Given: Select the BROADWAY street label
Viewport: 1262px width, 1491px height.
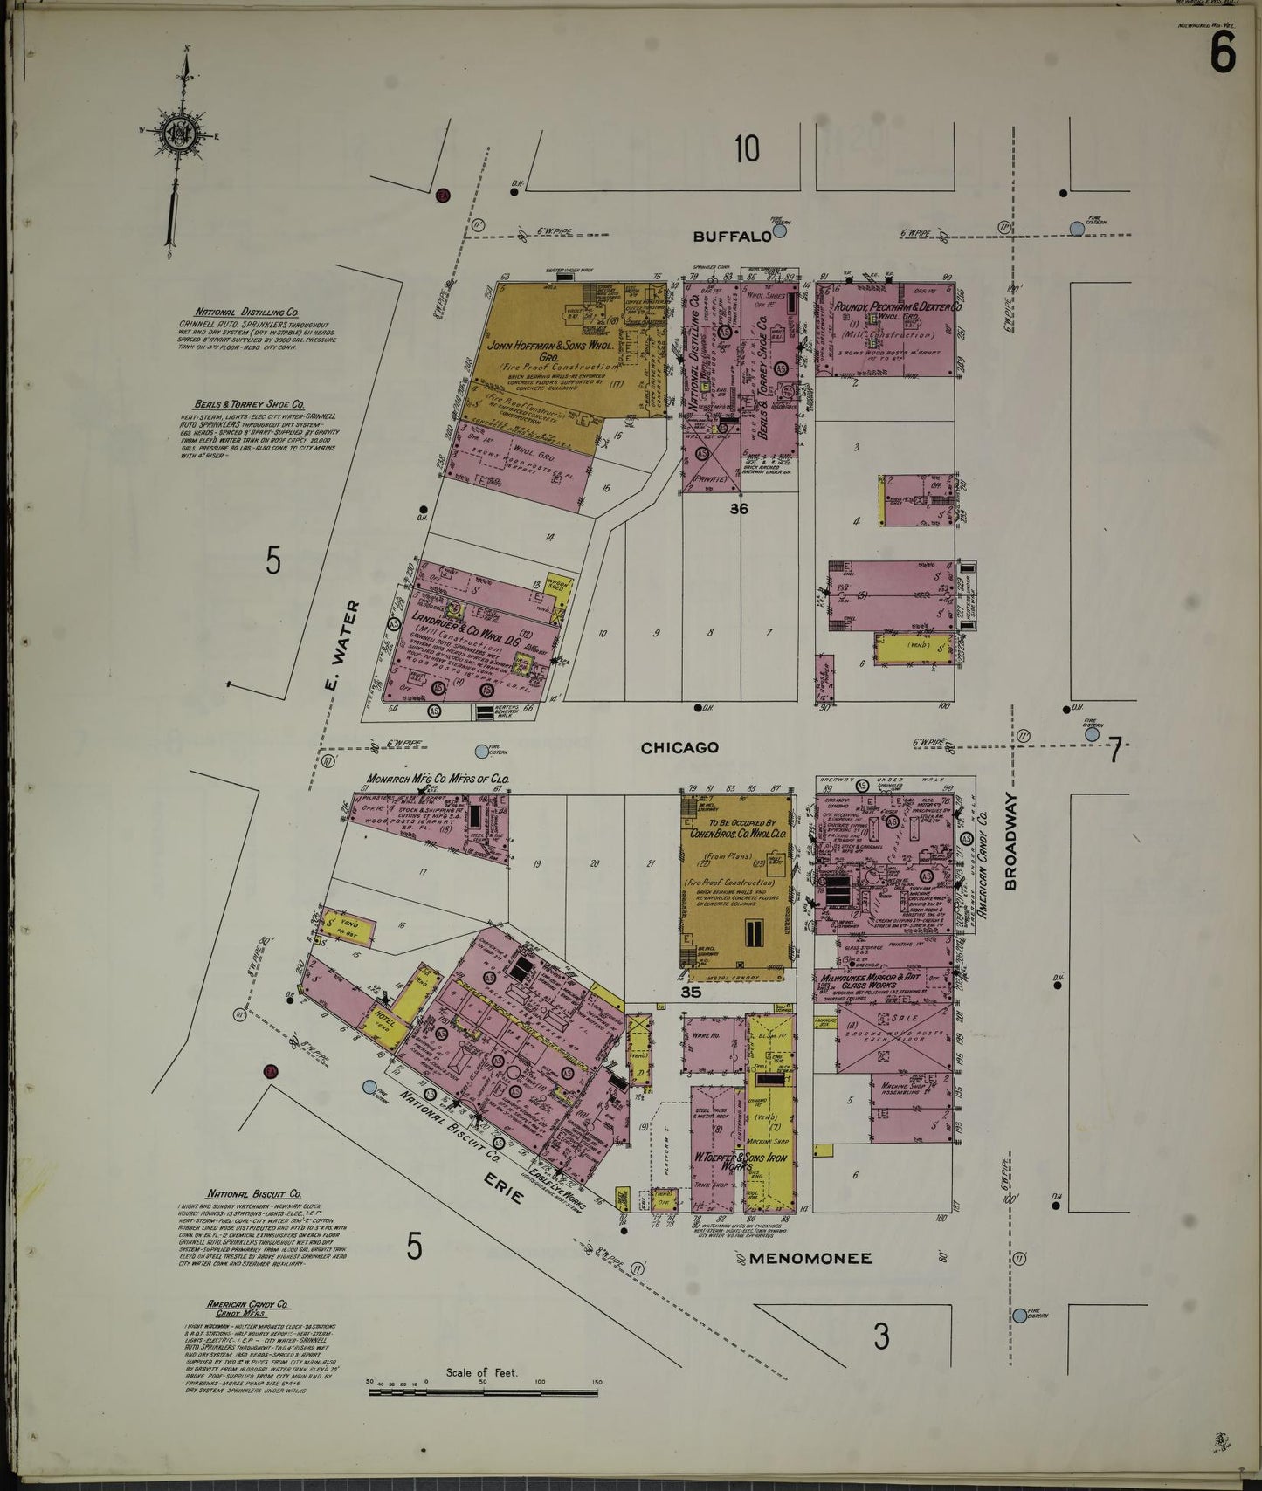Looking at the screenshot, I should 1011,842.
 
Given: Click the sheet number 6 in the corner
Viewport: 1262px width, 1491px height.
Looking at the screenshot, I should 1222,54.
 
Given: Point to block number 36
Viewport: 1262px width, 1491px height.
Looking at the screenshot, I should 739,508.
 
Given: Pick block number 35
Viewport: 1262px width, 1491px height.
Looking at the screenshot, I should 691,993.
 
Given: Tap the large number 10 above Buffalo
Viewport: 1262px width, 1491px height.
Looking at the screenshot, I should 747,149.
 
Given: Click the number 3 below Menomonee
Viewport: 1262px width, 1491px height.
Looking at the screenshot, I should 881,1336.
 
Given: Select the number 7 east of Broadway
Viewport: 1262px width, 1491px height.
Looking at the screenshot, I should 1114,749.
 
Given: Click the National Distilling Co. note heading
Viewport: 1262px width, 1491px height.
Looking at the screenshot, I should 246,312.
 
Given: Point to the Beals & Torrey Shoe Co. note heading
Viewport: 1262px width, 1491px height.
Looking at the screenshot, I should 249,405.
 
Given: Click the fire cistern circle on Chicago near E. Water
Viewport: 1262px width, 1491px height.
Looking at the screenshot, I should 481,751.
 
